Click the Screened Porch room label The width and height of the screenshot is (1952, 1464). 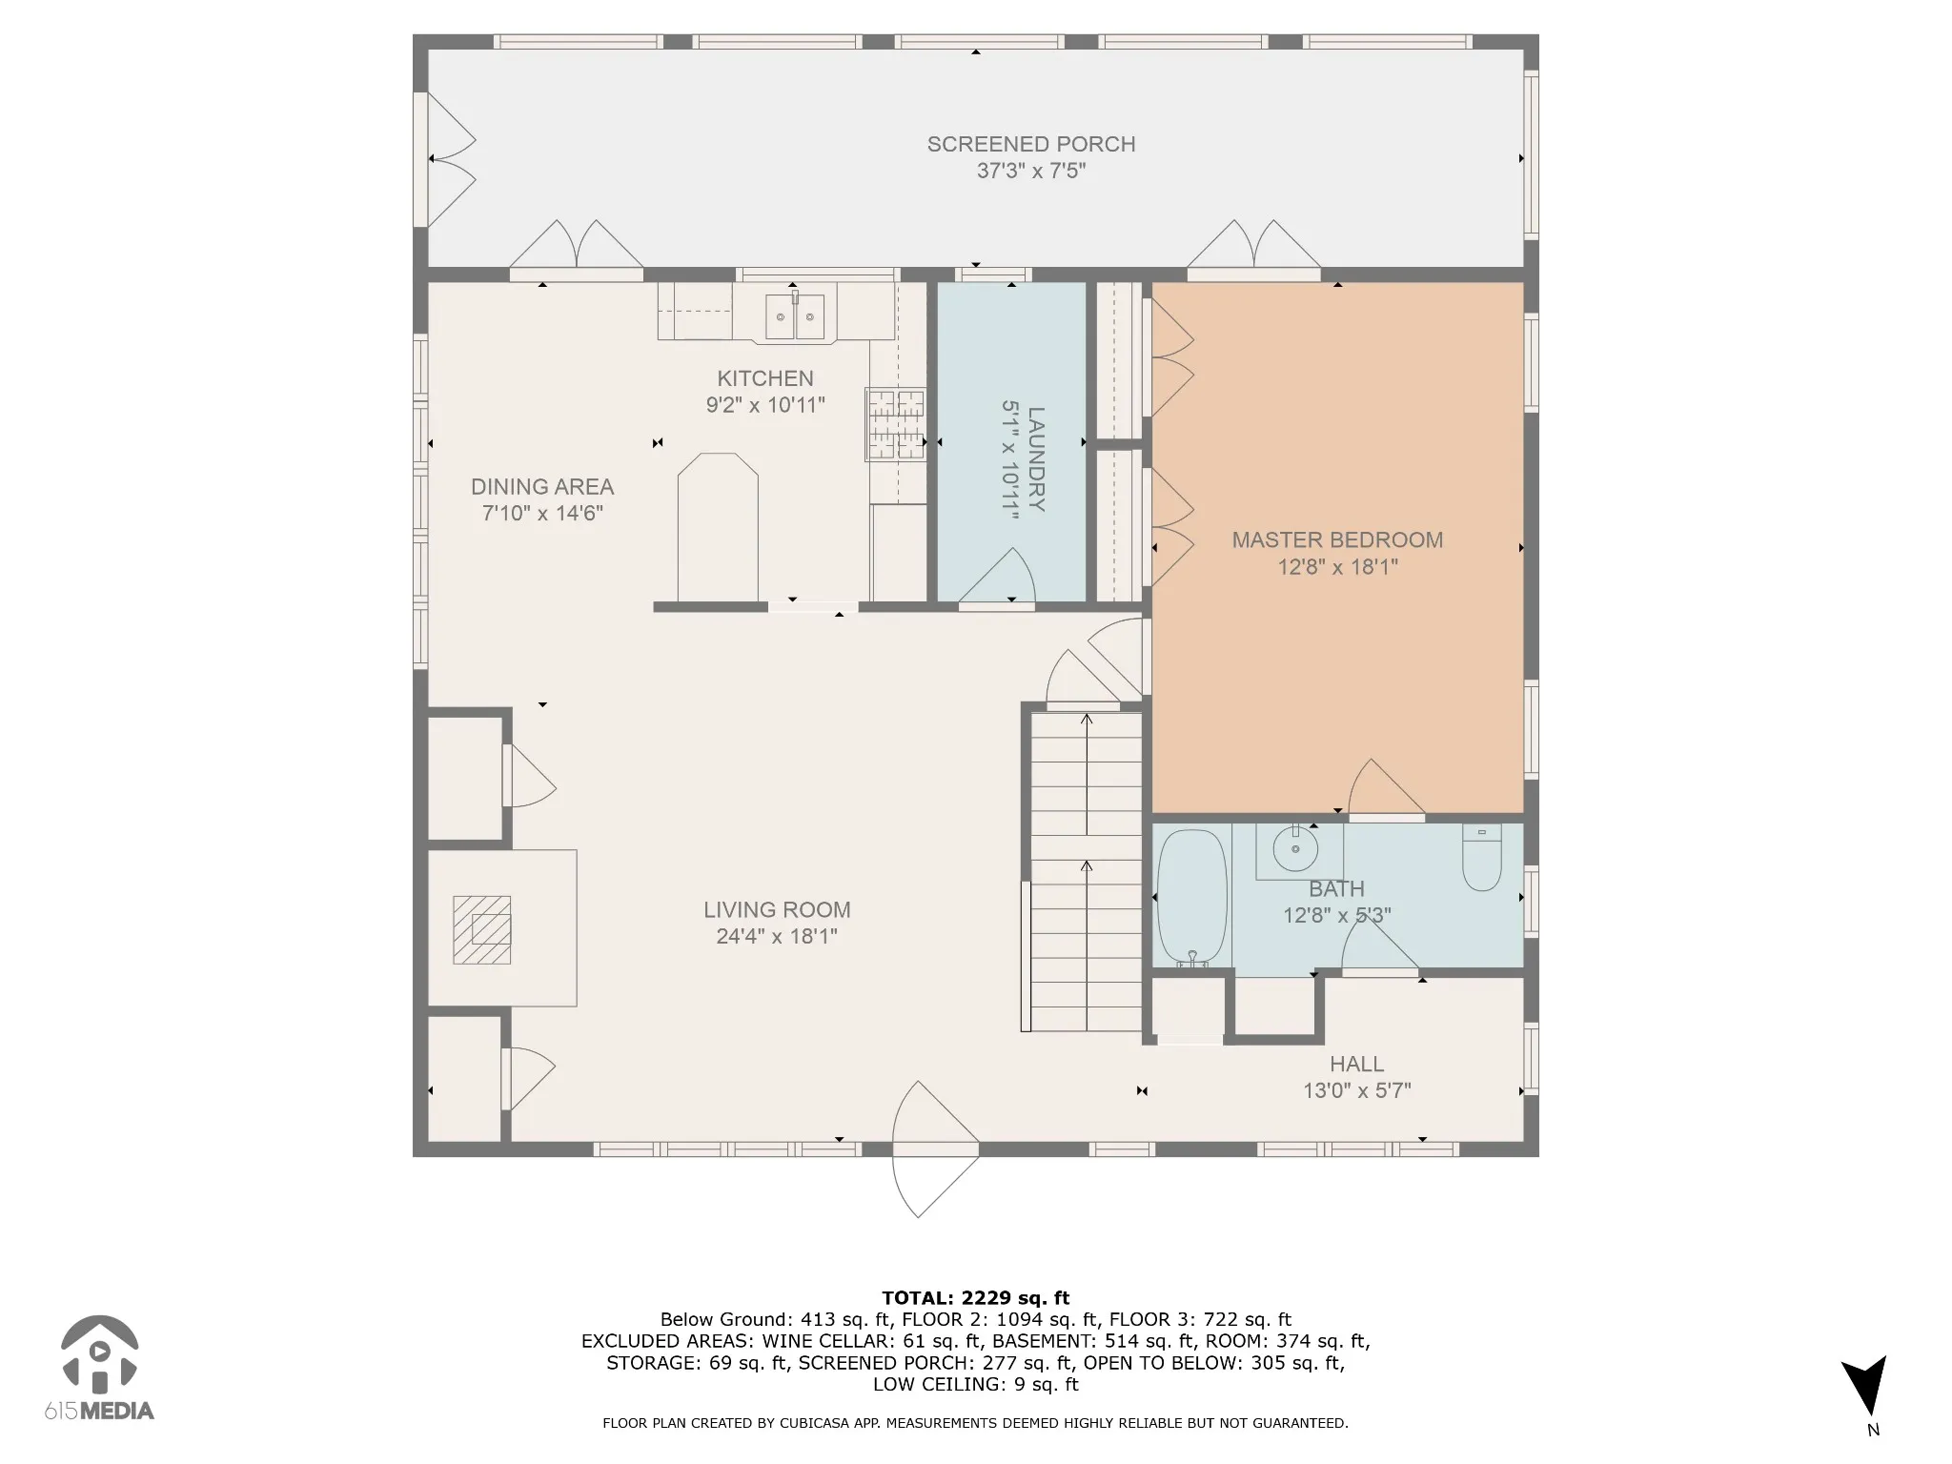pos(1031,144)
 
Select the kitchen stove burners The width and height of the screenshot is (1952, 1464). pos(896,424)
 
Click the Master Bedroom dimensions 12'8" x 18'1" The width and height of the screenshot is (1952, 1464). pos(1337,567)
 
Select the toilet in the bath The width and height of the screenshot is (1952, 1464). pos(1482,857)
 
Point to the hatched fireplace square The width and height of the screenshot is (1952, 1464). pos(481,929)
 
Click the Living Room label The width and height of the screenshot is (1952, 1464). pos(777,910)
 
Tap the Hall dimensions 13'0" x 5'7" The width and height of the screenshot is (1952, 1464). pos(1357,1090)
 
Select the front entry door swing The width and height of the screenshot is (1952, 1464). pos(934,1149)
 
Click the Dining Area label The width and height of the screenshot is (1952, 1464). pos(542,487)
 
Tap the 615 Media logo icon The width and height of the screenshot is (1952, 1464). pos(99,1353)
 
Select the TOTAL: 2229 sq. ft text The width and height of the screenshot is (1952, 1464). pos(976,1297)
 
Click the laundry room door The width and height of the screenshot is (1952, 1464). pos(997,578)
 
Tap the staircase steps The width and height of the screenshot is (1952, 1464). pos(1087,872)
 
